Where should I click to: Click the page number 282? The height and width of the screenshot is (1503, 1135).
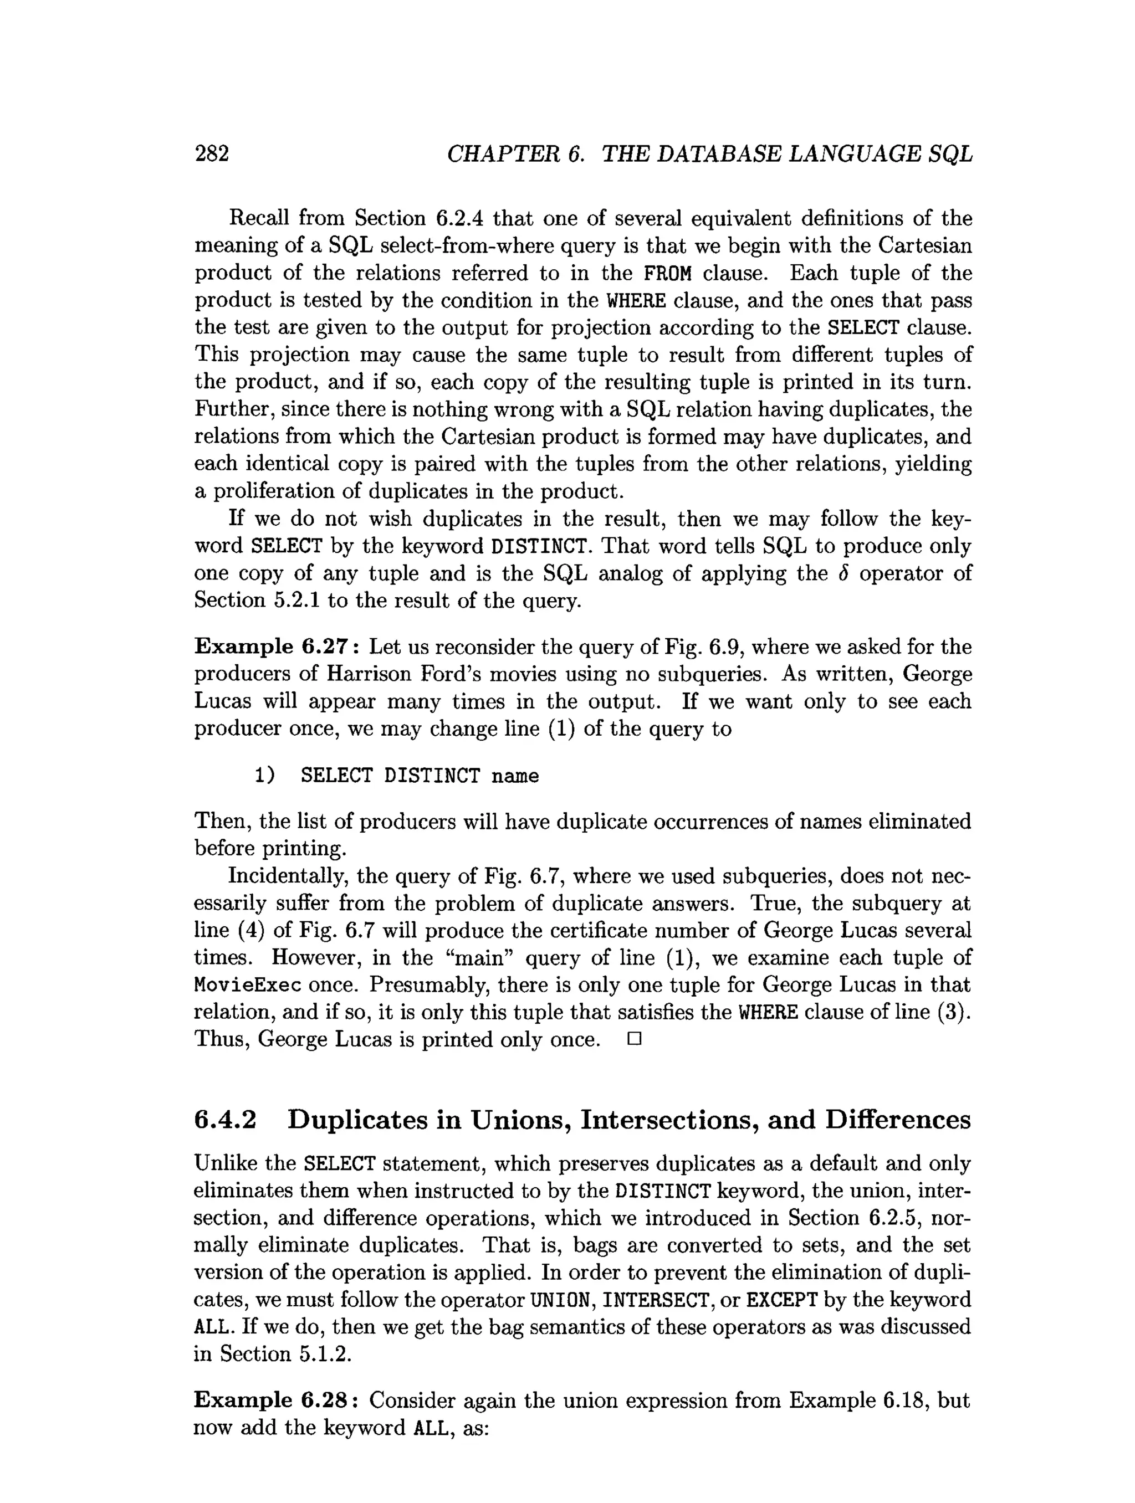(x=212, y=153)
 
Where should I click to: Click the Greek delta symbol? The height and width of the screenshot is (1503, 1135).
(x=843, y=573)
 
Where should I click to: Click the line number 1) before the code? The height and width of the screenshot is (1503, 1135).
(x=264, y=775)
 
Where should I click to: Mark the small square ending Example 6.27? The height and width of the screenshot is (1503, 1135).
(x=634, y=1039)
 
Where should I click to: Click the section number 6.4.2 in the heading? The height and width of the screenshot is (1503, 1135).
(x=226, y=1119)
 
